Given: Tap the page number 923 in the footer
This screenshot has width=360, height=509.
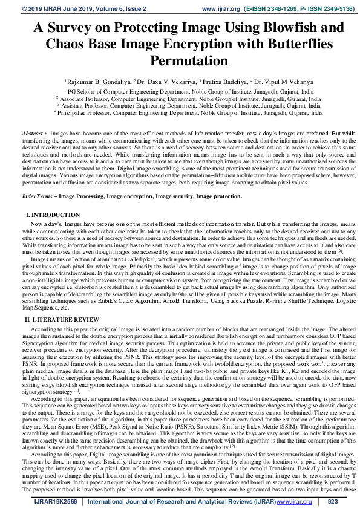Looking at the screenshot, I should (x=332, y=501).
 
